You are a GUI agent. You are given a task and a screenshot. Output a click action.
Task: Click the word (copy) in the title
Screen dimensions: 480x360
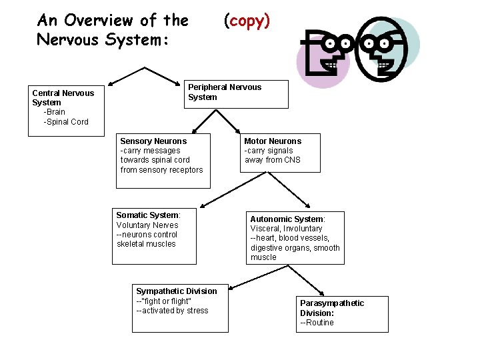pos(247,21)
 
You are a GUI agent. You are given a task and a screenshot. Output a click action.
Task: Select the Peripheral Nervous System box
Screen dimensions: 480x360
pos(237,94)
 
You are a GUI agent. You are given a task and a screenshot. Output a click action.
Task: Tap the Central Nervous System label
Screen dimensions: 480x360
pos(63,97)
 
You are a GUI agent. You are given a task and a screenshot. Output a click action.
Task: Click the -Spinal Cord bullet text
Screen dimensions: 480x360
pos(65,122)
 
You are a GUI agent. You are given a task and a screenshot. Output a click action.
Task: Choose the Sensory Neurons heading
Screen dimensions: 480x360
pos(153,141)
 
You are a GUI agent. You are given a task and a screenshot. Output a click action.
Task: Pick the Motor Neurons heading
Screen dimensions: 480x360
pos(273,141)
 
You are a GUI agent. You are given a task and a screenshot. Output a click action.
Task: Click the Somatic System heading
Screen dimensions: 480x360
pos(148,215)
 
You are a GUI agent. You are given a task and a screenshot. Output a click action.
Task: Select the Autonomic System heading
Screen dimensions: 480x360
pos(287,219)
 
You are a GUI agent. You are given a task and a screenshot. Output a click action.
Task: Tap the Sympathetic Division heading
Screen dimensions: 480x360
pos(176,291)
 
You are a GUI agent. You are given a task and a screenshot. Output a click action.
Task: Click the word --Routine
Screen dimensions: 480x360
pos(317,323)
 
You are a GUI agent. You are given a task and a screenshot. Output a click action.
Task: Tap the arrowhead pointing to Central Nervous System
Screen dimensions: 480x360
pos(112,83)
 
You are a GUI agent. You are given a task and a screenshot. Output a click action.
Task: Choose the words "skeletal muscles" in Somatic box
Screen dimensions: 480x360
pos(146,244)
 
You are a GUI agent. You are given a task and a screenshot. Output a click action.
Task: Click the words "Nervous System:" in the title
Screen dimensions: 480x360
pos(103,40)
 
